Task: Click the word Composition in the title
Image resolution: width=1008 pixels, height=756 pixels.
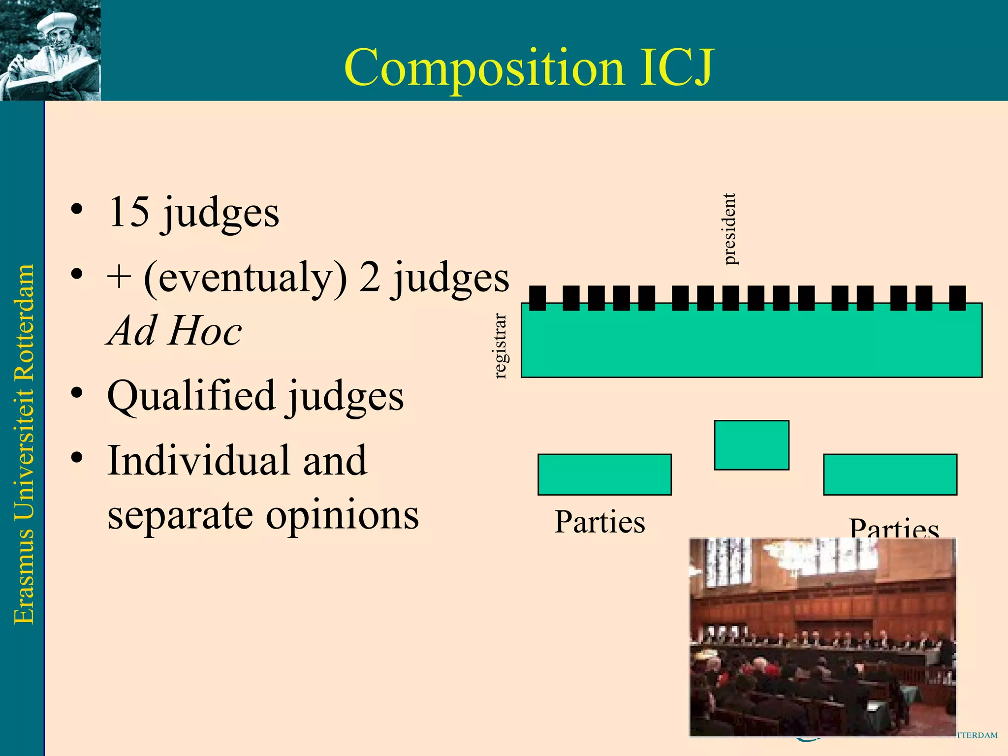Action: (484, 68)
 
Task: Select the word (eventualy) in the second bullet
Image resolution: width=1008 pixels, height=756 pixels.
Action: (245, 278)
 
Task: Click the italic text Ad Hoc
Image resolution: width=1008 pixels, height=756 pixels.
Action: (175, 331)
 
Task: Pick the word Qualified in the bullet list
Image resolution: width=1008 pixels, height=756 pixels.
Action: (191, 396)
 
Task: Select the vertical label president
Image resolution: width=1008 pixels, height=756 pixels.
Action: (729, 229)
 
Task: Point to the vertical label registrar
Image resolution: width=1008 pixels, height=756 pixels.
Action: (500, 346)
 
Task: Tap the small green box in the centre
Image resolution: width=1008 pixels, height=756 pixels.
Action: (751, 445)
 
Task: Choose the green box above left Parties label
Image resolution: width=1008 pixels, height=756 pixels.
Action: (604, 474)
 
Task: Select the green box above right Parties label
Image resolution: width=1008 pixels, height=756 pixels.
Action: (890, 474)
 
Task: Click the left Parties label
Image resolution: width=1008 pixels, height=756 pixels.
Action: (599, 522)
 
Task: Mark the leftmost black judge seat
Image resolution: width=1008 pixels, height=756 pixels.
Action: (537, 298)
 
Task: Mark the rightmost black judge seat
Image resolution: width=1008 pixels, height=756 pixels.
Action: (957, 298)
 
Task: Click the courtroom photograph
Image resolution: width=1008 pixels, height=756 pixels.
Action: (822, 637)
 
